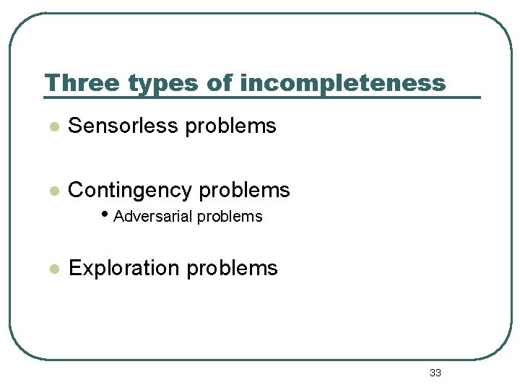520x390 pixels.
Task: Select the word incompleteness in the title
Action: click(342, 83)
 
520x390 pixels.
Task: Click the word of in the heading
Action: click(220, 83)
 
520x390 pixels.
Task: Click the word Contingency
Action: click(130, 191)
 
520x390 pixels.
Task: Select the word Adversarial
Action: click(153, 217)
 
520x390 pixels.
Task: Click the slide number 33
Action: click(435, 373)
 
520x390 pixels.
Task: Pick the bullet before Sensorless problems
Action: click(52, 127)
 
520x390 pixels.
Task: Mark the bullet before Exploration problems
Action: click(52, 269)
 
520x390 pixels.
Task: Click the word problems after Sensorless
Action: click(230, 126)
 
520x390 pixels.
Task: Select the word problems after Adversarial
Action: click(230, 217)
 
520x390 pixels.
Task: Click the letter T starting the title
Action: click(51, 83)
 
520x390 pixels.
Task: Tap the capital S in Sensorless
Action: click(74, 126)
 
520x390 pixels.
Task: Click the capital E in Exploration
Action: click(74, 268)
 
